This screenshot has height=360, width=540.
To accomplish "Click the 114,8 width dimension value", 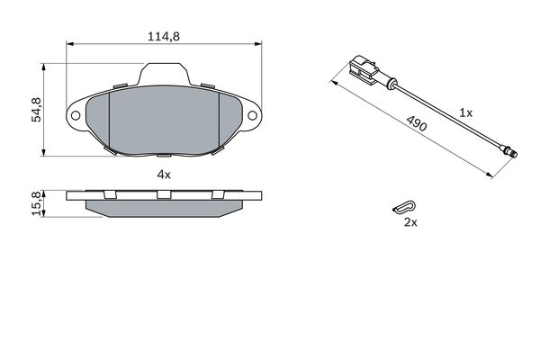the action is [164, 37].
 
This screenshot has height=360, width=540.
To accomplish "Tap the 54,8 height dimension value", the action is [36, 110].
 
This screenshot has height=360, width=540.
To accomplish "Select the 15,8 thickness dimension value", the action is [36, 203].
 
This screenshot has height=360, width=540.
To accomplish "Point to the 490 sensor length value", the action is [417, 123].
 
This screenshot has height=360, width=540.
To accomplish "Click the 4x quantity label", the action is [164, 175].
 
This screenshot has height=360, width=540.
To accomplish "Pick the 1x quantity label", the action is [466, 112].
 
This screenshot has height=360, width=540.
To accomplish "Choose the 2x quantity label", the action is [410, 222].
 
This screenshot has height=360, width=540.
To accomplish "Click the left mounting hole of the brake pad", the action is [76, 115].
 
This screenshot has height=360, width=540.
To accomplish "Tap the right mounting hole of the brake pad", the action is [252, 115].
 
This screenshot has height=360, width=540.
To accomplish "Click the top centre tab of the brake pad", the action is [164, 74].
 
